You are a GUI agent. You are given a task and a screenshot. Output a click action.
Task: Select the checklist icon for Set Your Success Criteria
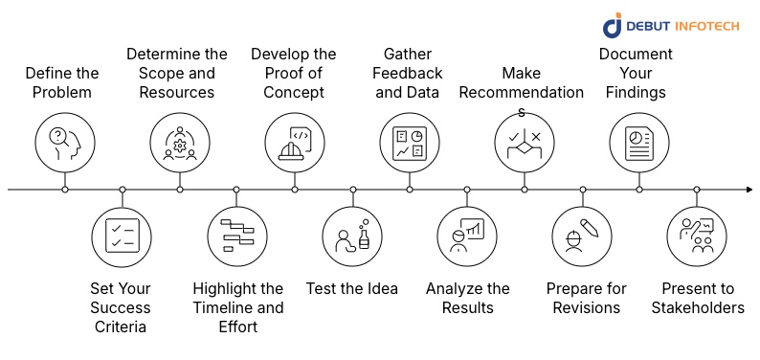(x=123, y=236)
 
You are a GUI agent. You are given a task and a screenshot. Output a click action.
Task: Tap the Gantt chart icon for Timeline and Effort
(x=237, y=236)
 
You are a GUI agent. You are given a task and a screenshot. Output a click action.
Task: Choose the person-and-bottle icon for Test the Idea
(x=352, y=236)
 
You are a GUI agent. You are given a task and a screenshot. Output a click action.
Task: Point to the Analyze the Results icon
(x=467, y=236)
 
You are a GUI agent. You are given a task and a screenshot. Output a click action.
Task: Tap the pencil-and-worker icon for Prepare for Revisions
(x=582, y=236)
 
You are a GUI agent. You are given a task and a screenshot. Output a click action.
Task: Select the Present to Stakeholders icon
(x=697, y=236)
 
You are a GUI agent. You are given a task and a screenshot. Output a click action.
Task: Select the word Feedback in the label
(x=410, y=74)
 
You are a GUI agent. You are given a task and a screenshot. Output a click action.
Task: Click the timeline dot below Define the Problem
(x=65, y=190)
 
